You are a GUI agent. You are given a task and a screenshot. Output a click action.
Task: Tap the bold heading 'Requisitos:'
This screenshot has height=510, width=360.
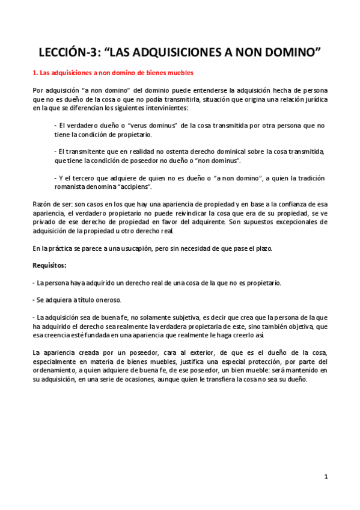[x=49, y=265]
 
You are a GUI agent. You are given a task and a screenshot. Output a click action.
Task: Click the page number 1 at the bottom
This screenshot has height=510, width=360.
[x=325, y=476]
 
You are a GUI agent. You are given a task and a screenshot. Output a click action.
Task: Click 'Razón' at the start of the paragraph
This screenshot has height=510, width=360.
[x=41, y=204]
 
